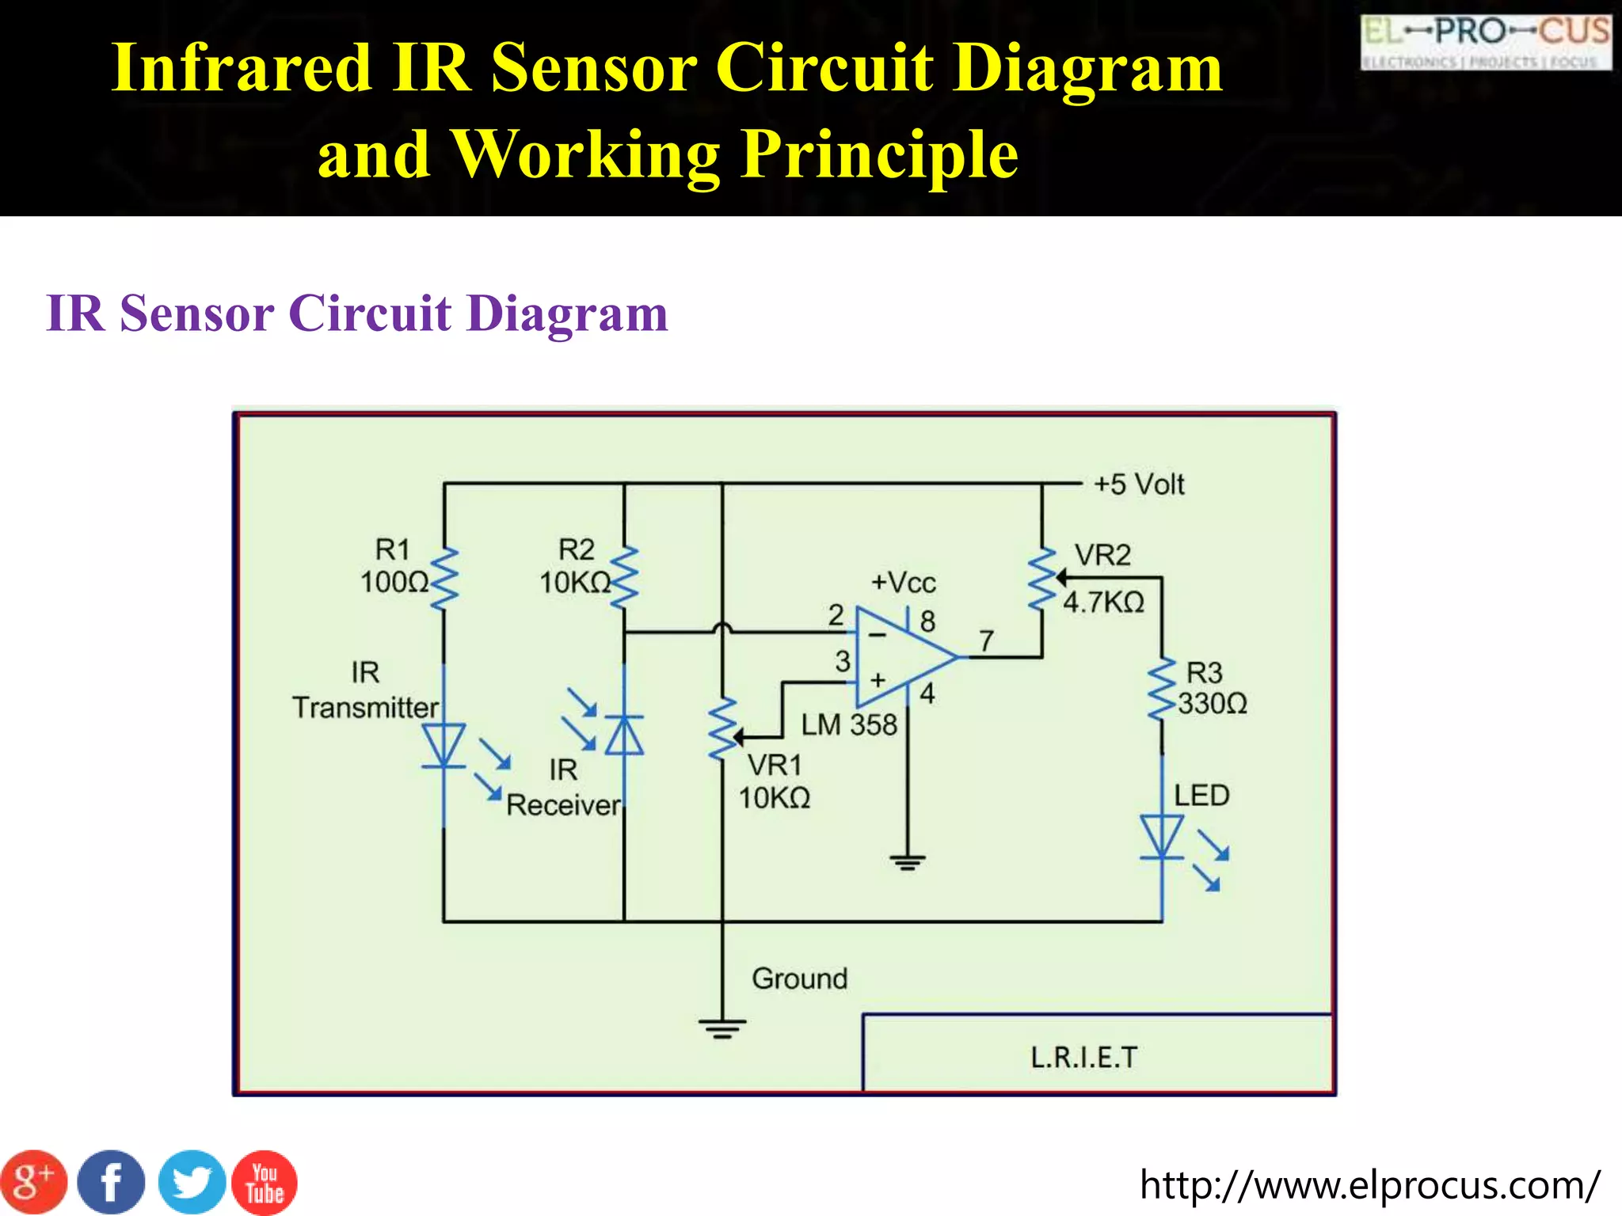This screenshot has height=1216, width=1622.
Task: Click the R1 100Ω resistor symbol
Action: coord(444,578)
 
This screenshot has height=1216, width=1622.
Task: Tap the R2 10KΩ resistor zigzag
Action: coord(625,578)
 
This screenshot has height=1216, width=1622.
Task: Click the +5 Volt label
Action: coord(1138,484)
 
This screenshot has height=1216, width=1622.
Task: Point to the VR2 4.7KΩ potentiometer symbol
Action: coord(1042,579)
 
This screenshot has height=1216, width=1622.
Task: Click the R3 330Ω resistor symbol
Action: coord(1163,689)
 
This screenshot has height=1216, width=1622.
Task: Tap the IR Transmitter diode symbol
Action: coord(444,747)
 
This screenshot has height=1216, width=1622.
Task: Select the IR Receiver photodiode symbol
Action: coord(624,736)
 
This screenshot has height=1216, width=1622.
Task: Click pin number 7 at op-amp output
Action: coord(986,640)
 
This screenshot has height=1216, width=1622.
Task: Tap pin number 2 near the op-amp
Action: coord(836,615)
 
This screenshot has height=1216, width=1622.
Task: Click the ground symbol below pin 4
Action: coord(908,861)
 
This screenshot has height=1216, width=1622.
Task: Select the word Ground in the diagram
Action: coord(799,978)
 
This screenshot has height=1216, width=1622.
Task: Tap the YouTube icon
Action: coord(265,1183)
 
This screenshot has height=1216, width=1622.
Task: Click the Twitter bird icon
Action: coord(191,1183)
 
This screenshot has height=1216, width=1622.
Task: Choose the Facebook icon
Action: coord(112,1183)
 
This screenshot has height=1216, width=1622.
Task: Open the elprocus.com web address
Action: coord(1369,1185)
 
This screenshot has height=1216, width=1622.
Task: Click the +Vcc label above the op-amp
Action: coord(903,583)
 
